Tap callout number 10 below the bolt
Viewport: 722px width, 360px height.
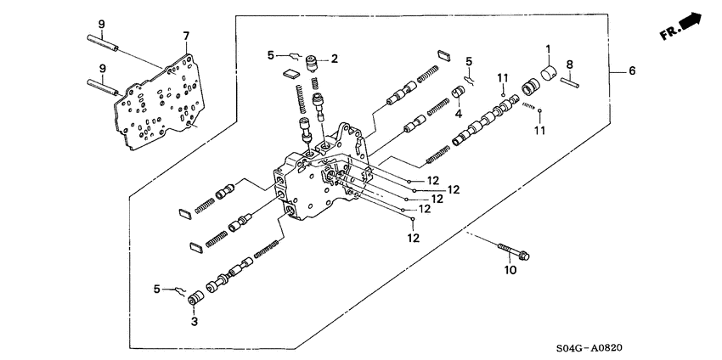(510, 270)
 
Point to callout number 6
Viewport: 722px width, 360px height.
(631, 71)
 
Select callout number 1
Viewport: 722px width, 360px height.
(548, 48)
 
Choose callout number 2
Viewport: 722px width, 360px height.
(335, 59)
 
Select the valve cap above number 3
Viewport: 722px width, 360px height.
(195, 298)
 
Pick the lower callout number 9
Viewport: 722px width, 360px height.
(101, 68)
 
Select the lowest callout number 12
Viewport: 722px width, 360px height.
(414, 239)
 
